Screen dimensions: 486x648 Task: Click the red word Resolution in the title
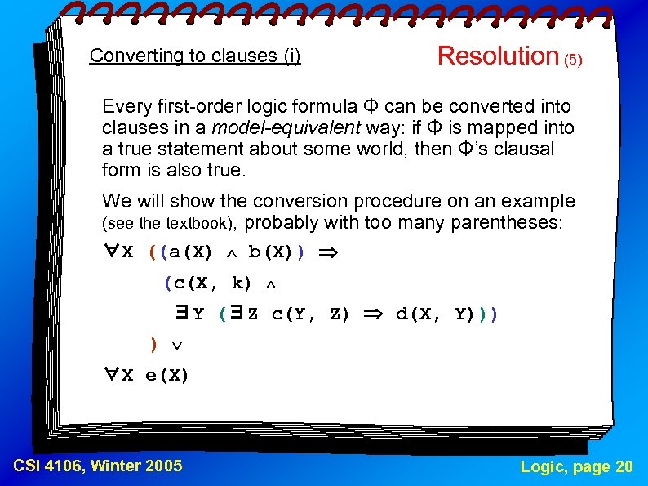pos(497,56)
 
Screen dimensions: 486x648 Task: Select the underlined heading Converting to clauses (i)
pos(195,56)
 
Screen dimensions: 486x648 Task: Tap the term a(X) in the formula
pos(188,252)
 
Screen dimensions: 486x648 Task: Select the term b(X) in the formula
pos(273,252)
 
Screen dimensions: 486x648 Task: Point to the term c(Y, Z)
pos(310,314)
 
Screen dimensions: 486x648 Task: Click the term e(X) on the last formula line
pos(166,376)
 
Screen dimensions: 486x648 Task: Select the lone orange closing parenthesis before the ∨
pos(153,345)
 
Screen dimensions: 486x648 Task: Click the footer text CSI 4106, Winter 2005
pos(98,466)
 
